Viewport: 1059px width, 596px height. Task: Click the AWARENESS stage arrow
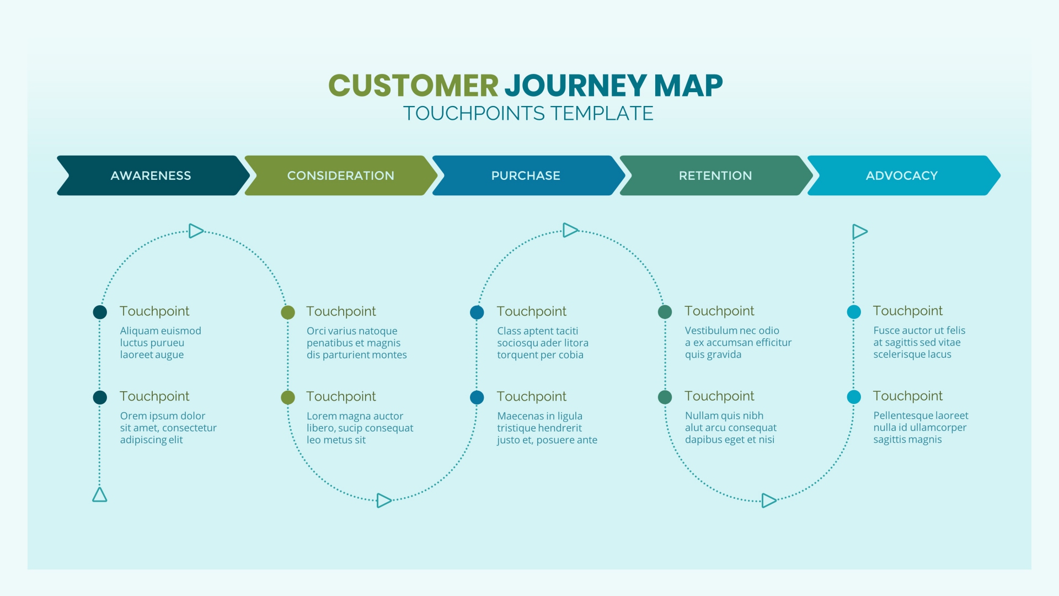click(x=151, y=175)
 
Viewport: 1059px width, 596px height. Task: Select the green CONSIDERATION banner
click(x=340, y=175)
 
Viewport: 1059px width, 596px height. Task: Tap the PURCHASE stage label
click(x=526, y=175)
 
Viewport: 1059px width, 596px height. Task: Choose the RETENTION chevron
click(x=715, y=175)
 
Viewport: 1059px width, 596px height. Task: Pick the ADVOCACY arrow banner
click(x=902, y=175)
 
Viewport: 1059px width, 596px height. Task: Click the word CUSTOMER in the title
click(x=413, y=86)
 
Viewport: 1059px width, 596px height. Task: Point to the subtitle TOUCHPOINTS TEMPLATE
click(x=528, y=114)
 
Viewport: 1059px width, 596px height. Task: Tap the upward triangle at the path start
click(x=100, y=495)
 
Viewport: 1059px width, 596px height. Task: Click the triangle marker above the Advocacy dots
click(x=859, y=231)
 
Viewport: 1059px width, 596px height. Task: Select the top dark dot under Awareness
click(x=100, y=312)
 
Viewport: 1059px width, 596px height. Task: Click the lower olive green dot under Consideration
click(x=288, y=397)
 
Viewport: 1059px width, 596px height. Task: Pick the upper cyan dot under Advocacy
click(x=854, y=312)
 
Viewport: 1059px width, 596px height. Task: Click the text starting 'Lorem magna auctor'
click(x=360, y=428)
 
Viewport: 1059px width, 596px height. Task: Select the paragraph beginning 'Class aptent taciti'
click(x=543, y=343)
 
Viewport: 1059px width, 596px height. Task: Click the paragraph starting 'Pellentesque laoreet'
click(x=920, y=427)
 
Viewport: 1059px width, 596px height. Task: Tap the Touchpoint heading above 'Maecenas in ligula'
click(x=531, y=396)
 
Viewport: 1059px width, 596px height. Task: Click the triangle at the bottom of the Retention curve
click(x=768, y=501)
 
